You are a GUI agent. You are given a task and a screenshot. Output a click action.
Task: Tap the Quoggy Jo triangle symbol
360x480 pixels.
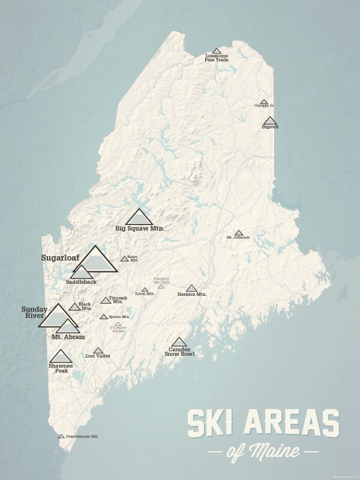point(264,102)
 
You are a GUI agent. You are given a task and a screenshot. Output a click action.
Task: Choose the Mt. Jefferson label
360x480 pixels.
point(238,238)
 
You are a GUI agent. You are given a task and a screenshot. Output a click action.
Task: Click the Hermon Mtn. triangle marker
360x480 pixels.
point(191,289)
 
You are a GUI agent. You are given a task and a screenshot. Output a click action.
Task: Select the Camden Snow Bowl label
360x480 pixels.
point(179,352)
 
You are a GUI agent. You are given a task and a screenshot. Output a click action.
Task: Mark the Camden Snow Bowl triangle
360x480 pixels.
point(179,341)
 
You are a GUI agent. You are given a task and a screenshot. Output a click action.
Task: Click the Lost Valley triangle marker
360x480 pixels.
point(98,350)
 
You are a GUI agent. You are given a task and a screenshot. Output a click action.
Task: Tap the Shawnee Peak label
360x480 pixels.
point(61,368)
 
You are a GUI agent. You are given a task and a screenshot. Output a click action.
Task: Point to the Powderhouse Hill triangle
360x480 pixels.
point(61,436)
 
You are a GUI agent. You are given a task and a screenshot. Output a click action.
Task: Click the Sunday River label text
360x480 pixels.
point(34,312)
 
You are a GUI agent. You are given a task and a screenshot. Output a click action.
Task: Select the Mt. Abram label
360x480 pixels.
point(72,337)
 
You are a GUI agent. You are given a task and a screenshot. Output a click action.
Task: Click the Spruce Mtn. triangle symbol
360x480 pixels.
point(104,317)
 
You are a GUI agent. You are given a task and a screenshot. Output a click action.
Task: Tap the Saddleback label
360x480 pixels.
point(81,281)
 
